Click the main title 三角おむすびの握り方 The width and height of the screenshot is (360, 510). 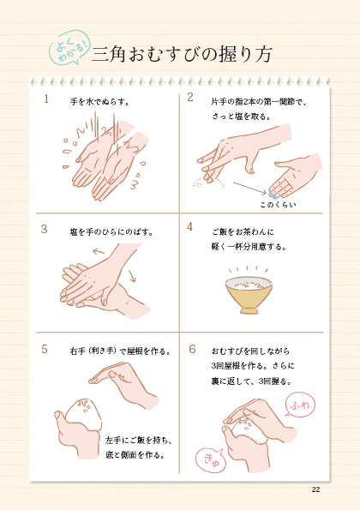click(x=185, y=53)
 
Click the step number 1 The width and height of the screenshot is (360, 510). click(x=45, y=99)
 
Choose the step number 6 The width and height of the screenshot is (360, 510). click(x=191, y=349)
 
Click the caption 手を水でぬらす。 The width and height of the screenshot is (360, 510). click(x=99, y=101)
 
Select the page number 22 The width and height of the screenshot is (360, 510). click(x=315, y=489)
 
